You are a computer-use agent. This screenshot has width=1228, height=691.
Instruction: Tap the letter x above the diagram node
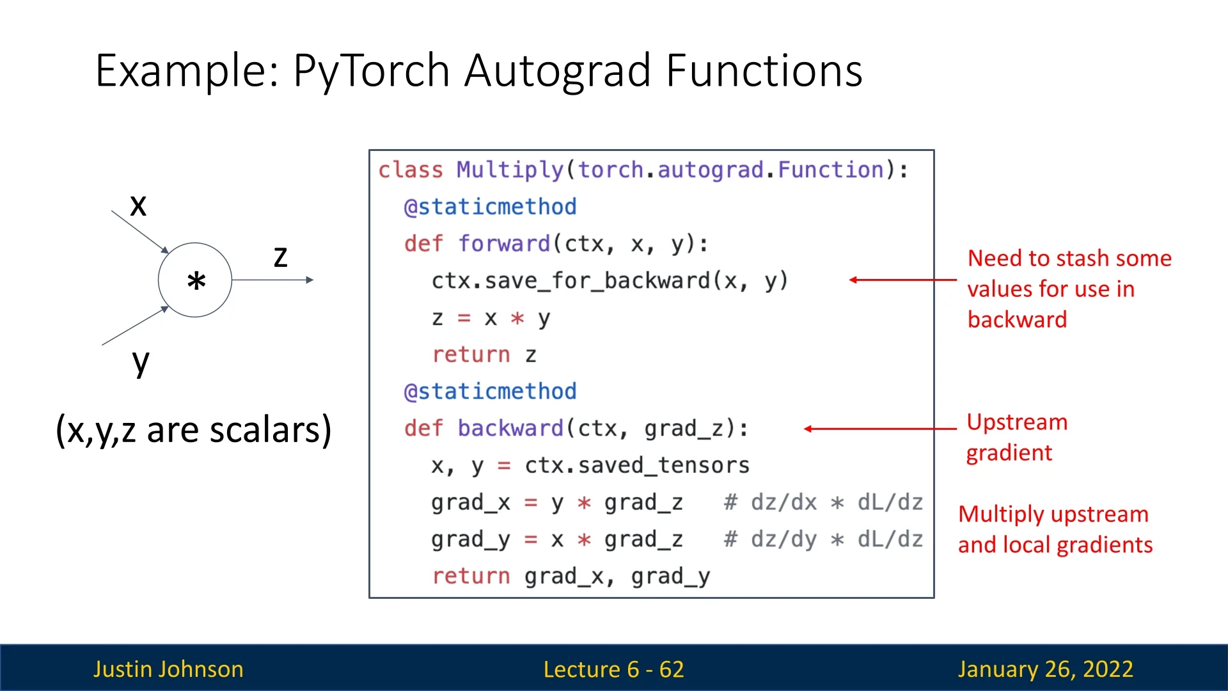coord(138,206)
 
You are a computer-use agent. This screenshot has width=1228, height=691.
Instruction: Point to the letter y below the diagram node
coord(141,363)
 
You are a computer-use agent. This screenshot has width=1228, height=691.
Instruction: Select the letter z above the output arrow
coord(280,257)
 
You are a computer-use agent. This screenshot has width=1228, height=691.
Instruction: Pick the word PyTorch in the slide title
coord(371,70)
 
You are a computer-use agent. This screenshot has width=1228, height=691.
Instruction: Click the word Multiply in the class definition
coord(509,170)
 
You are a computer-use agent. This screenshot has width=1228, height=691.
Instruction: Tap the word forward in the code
coord(504,244)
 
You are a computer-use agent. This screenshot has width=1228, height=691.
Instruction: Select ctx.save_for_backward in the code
coord(571,281)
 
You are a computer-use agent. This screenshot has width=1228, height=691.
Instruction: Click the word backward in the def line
coord(510,428)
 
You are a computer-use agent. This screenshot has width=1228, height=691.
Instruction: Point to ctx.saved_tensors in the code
coord(636,465)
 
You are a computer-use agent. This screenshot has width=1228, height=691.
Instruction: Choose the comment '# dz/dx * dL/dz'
coord(823,502)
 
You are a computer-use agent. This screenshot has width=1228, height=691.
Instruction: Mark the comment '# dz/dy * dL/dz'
coord(823,539)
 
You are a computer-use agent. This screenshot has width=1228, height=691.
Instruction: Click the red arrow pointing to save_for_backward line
coord(902,280)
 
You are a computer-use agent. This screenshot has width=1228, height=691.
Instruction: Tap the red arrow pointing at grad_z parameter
coord(880,429)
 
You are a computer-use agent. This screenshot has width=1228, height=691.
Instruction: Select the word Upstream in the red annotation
coord(1017,422)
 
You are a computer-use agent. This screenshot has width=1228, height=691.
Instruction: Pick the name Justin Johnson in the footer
coord(168,669)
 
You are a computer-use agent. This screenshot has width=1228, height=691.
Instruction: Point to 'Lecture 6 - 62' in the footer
coord(613,669)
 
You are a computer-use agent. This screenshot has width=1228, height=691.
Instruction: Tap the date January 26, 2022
coord(1045,669)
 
